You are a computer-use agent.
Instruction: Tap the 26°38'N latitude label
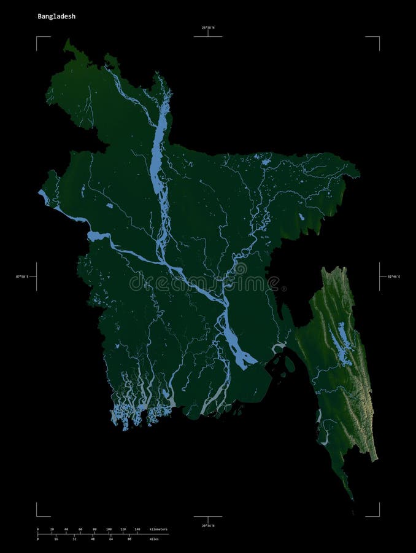coord(208,28)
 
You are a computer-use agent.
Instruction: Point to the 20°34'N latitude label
coord(208,526)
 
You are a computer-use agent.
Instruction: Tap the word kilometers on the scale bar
coord(158,529)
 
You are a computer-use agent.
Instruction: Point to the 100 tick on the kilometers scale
coord(109,529)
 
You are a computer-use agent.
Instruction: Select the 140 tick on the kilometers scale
coord(137,529)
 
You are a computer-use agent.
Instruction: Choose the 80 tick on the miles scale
coord(129,539)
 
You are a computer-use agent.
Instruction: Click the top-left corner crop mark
coord(37,37)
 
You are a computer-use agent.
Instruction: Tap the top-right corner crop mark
coord(379,37)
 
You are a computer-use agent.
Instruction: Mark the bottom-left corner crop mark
coord(37,516)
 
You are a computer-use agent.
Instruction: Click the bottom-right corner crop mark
coord(379,516)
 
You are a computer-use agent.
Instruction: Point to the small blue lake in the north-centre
coord(266,162)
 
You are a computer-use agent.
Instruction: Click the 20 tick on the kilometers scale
coord(52,529)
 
